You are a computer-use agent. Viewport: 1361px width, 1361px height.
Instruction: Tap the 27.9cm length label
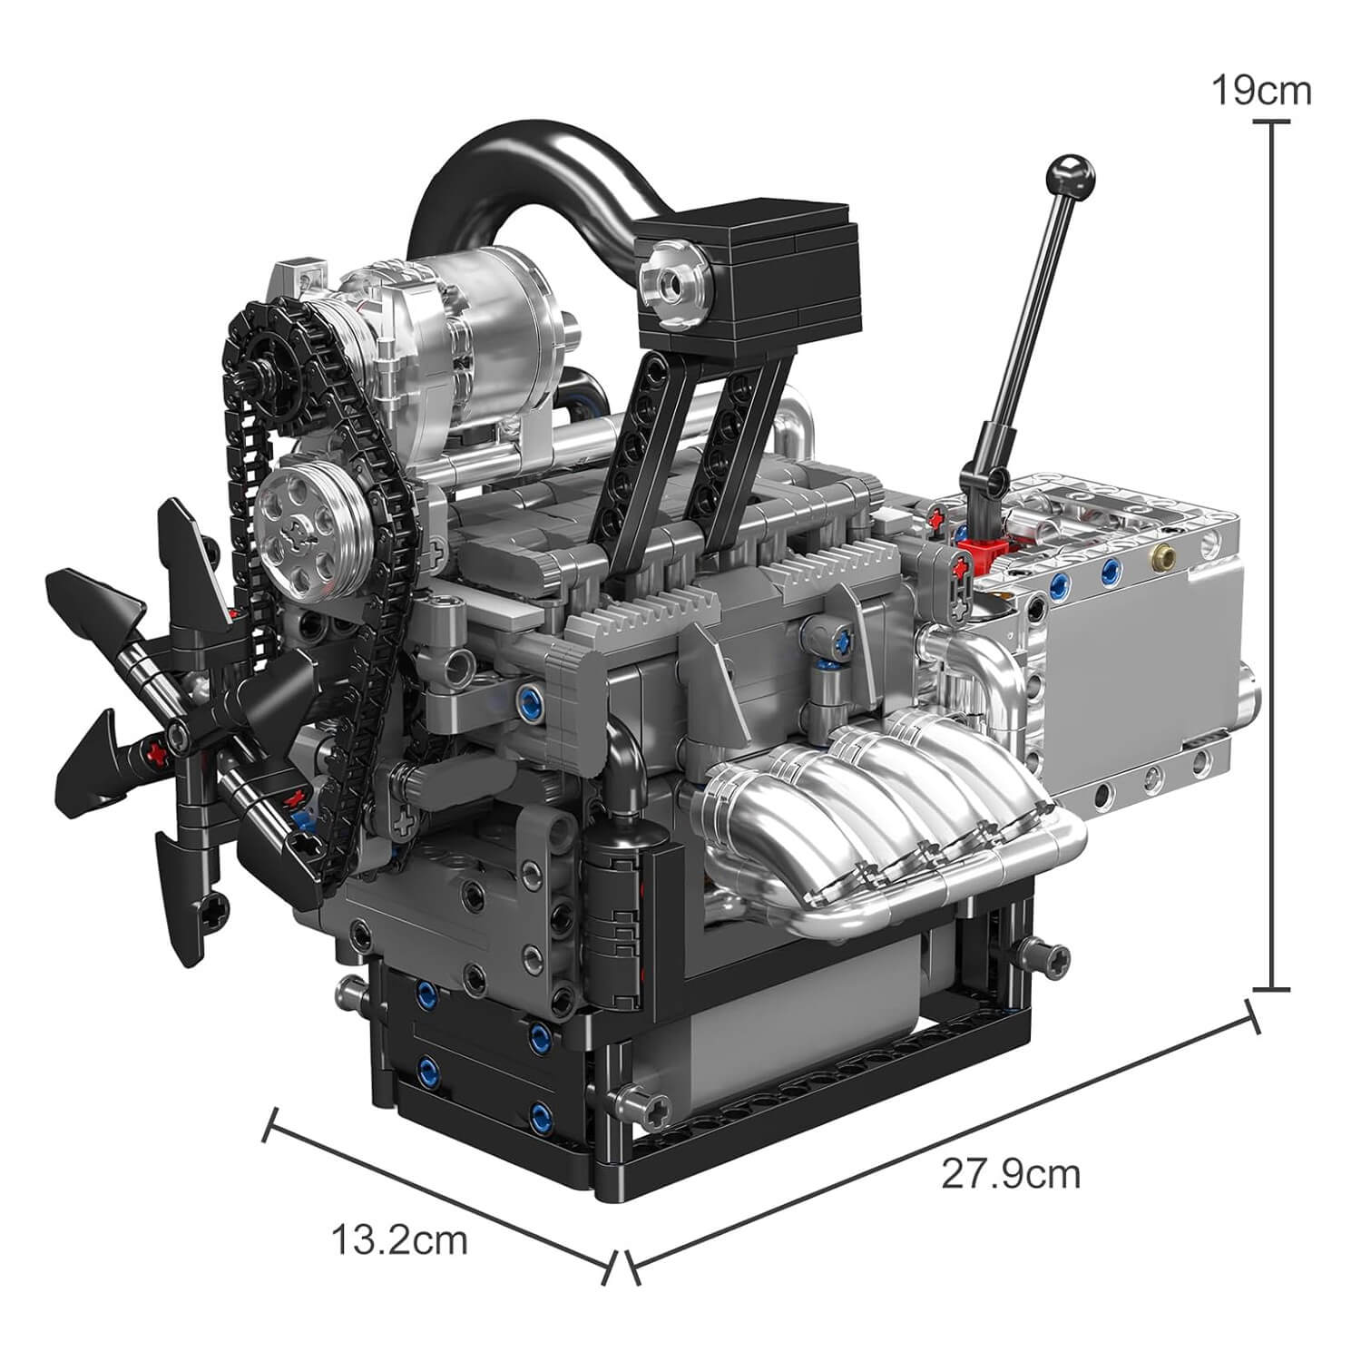click(1011, 1173)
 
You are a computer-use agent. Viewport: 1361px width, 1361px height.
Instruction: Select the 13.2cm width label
click(399, 1239)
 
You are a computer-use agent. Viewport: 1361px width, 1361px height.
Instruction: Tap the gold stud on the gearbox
click(1159, 554)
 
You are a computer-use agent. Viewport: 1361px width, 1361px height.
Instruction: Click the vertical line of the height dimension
click(1277, 563)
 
